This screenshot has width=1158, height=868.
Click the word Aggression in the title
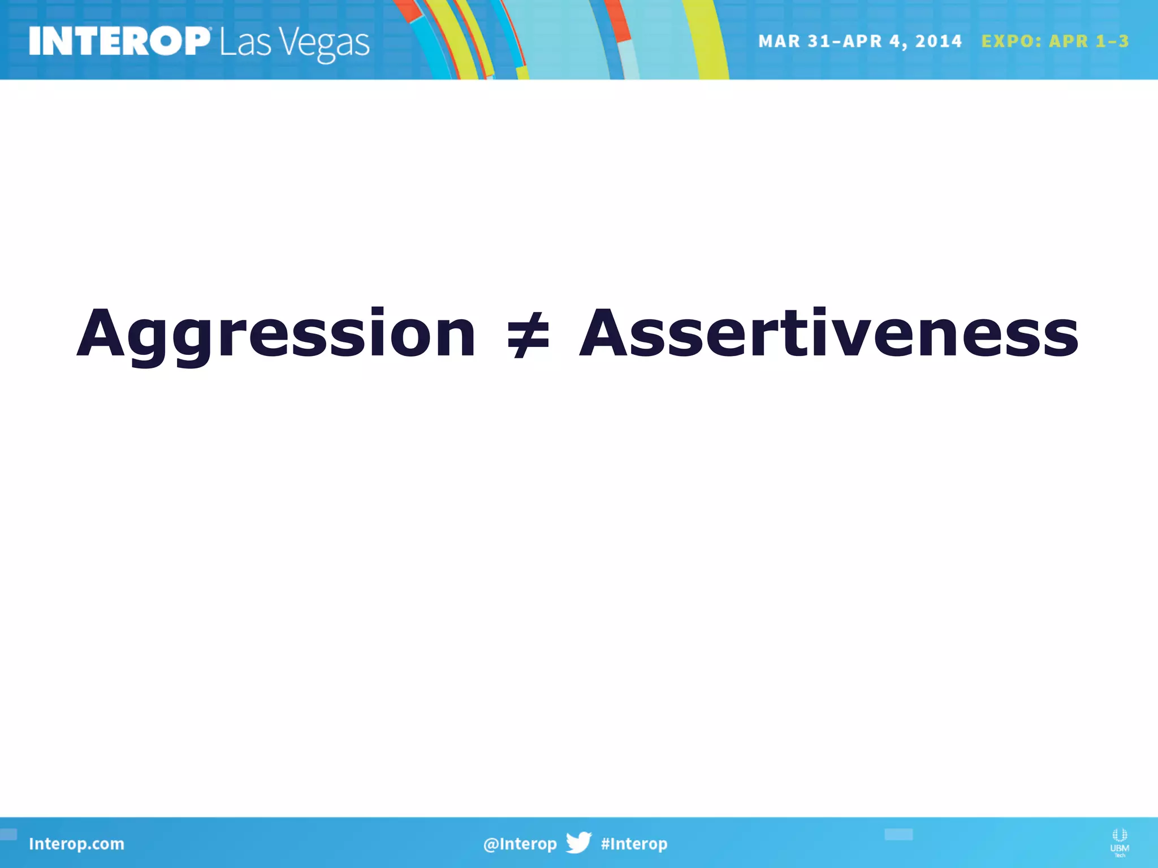click(276, 335)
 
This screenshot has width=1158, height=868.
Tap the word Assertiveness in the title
click(829, 335)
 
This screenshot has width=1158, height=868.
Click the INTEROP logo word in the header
click(119, 42)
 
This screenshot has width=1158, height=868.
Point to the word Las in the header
click(245, 43)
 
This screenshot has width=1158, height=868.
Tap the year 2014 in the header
click(938, 41)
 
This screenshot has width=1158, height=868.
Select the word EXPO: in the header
click(1012, 41)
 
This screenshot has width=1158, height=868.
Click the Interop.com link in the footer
click(76, 844)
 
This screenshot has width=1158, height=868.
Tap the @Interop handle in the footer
click(520, 844)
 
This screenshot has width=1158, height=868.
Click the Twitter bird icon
click(578, 843)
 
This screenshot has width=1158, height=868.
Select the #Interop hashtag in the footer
click(634, 844)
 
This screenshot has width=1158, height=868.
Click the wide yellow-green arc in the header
click(707, 40)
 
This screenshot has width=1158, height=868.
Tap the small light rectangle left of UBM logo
click(898, 834)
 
